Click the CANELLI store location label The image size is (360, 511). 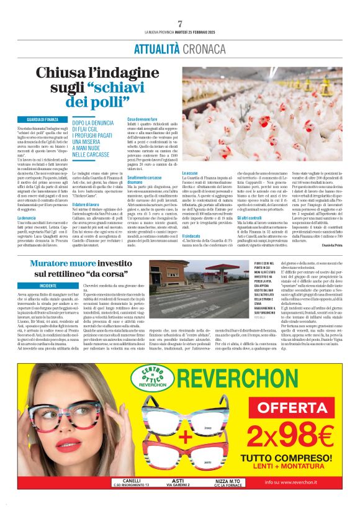(132, 481)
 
